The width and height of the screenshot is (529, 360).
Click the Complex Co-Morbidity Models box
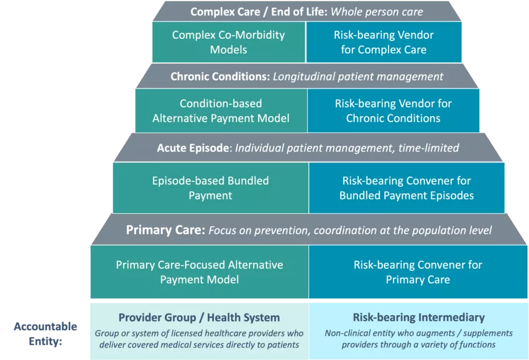click(x=229, y=42)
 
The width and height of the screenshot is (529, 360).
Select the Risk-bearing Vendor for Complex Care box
click(x=384, y=42)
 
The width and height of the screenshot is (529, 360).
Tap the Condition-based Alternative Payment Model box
click(x=221, y=111)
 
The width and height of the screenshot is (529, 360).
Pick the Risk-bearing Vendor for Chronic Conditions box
click(x=394, y=111)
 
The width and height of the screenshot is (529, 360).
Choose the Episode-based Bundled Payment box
click(x=211, y=188)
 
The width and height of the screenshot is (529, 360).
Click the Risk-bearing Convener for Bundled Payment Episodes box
click(x=406, y=188)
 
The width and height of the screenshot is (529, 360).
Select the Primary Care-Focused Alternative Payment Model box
click(x=199, y=272)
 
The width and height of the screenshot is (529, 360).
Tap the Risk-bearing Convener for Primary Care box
click(x=418, y=272)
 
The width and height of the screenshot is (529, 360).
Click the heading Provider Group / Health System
click(x=199, y=317)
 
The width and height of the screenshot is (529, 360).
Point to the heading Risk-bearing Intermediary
click(x=419, y=317)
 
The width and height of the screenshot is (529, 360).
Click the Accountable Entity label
click(x=45, y=334)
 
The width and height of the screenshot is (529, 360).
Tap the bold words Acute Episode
click(x=193, y=148)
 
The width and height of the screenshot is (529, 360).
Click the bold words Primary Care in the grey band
click(x=165, y=230)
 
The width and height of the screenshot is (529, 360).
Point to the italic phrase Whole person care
click(x=377, y=12)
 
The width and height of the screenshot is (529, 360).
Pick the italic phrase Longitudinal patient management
click(x=358, y=77)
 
